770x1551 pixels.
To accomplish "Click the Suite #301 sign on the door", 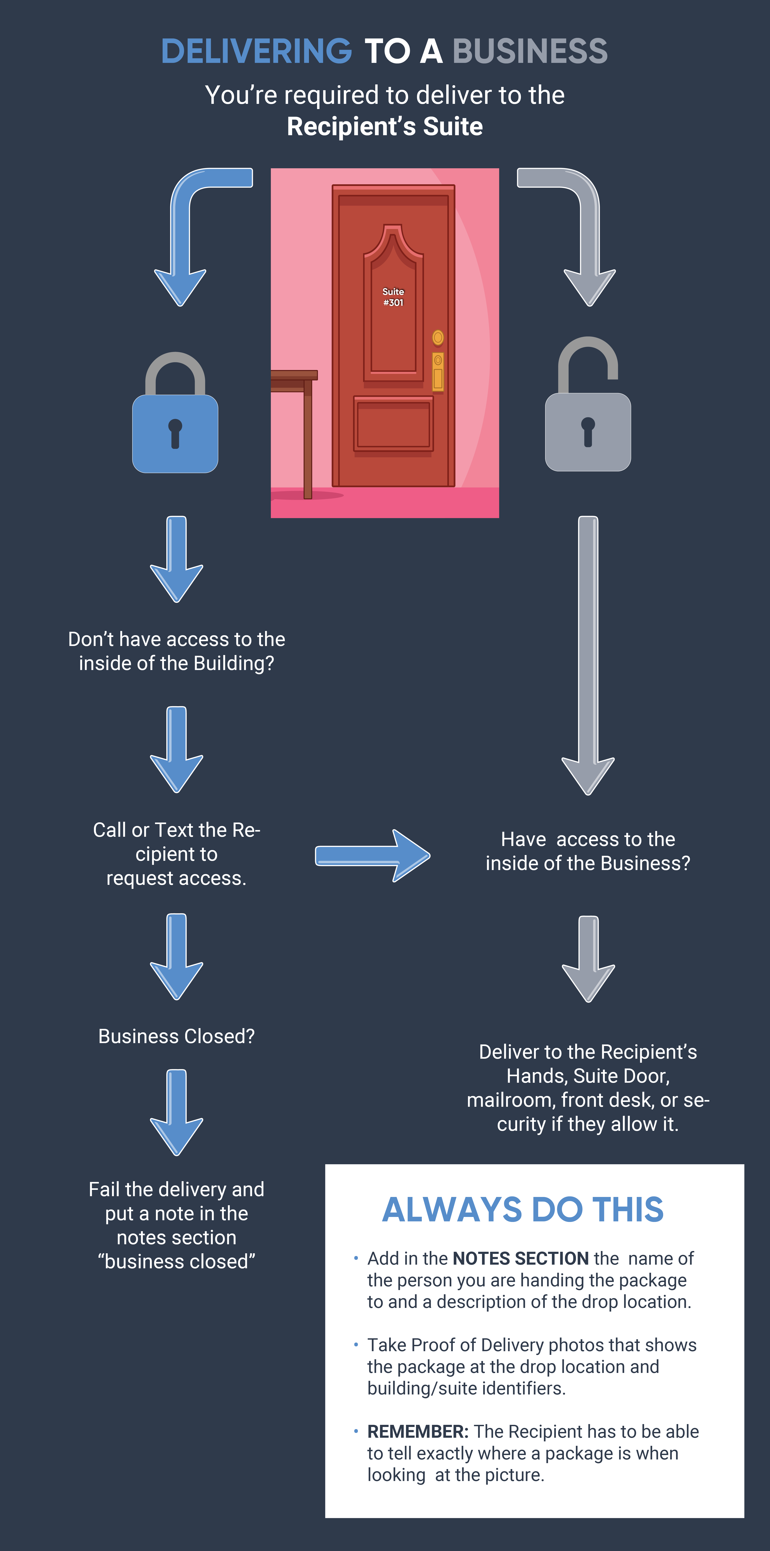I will pos(393,297).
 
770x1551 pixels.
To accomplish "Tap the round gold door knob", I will pos(438,337).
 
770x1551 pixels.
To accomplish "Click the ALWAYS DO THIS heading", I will pos(523,1210).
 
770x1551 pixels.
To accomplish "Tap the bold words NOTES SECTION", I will pos(521,1258).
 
